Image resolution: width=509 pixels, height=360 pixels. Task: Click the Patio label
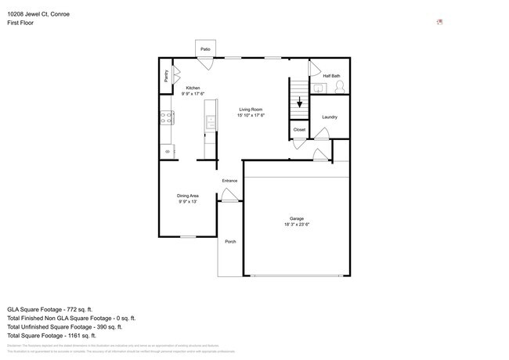tap(205, 49)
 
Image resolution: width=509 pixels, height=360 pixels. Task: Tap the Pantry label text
tap(167, 76)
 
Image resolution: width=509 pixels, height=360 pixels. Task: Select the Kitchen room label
tap(193, 88)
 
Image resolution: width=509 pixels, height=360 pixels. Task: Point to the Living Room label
tap(251, 110)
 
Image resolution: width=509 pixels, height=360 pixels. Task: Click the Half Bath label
tap(331, 76)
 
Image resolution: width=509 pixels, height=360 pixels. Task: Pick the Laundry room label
tap(330, 117)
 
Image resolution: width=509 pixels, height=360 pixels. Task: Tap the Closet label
tap(299, 129)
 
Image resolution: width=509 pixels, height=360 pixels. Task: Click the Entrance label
tap(229, 181)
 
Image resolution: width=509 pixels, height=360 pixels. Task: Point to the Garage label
tap(297, 218)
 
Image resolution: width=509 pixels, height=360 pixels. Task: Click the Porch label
tap(230, 242)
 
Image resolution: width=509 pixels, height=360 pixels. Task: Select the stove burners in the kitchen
tap(167, 118)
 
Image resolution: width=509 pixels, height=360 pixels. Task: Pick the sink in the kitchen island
tap(210, 121)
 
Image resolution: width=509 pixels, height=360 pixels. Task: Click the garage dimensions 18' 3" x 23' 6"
tap(297, 225)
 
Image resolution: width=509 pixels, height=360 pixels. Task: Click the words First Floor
tap(20, 23)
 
